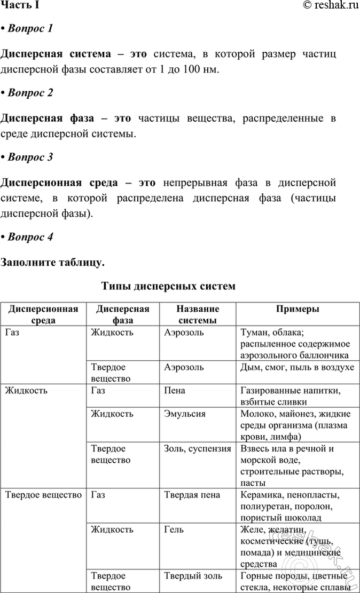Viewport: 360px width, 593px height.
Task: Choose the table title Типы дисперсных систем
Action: tap(168, 286)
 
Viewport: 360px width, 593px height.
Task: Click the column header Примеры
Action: tap(298, 310)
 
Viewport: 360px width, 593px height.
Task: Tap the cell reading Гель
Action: tap(174, 529)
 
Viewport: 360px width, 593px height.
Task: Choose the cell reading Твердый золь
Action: tap(193, 576)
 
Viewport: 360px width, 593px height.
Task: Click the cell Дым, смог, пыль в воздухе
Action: tap(297, 367)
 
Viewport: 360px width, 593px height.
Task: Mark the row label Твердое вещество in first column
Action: tap(43, 495)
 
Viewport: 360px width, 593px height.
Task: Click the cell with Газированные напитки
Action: tap(291, 391)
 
